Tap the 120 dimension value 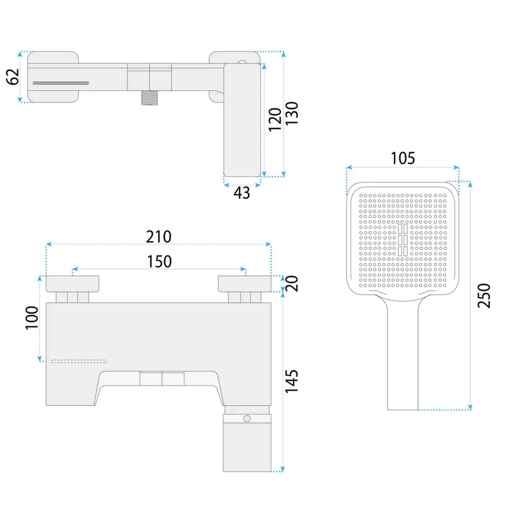coord(275,119)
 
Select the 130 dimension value coord(291,113)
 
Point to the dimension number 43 coord(242,193)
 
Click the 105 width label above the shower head coord(403,158)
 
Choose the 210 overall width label coord(158,237)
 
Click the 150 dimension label coord(159,261)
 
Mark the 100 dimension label coord(32,318)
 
